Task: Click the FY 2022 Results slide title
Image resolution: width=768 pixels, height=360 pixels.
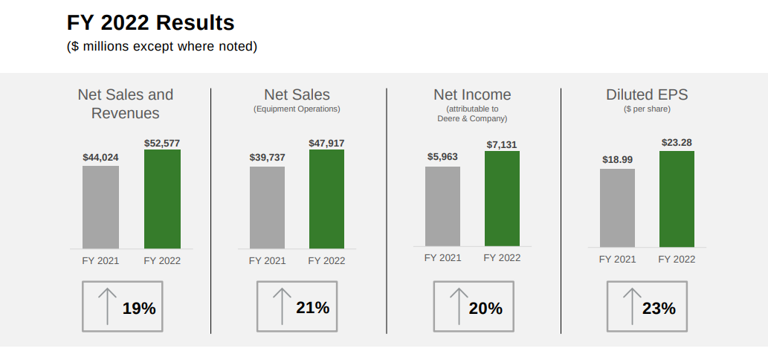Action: pyautogui.click(x=150, y=23)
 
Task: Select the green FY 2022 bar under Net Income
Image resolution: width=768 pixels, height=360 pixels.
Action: pyautogui.click(x=502, y=199)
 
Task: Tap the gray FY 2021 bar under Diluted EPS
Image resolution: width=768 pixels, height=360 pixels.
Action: pyautogui.click(x=617, y=208)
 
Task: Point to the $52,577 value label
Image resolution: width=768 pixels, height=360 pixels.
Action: pyautogui.click(x=162, y=144)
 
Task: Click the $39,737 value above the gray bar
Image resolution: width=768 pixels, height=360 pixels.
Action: pyautogui.click(x=267, y=158)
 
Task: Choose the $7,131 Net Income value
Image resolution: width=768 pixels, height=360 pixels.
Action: pyautogui.click(x=502, y=144)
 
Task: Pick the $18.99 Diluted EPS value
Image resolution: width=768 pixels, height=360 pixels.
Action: pyautogui.click(x=617, y=160)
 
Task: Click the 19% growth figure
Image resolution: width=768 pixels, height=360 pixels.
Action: pyautogui.click(x=139, y=308)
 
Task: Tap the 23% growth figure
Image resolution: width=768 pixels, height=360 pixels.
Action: pyautogui.click(x=659, y=308)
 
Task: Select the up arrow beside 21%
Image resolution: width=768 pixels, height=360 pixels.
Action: pyautogui.click(x=282, y=306)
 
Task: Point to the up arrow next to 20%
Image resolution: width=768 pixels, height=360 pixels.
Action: pyautogui.click(x=457, y=306)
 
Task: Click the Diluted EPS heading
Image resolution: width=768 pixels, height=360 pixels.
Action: pyautogui.click(x=647, y=94)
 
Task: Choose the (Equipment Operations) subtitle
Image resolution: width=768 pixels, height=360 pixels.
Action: pyautogui.click(x=297, y=109)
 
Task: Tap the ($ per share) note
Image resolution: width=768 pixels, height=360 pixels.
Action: pyautogui.click(x=647, y=109)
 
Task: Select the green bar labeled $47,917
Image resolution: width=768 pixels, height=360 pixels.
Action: pyautogui.click(x=326, y=199)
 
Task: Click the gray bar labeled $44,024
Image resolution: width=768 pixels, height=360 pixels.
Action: pyautogui.click(x=100, y=207)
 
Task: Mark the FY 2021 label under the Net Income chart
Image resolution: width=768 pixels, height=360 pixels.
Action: pyautogui.click(x=442, y=258)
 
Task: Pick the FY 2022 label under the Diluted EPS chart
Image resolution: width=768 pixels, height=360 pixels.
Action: pyautogui.click(x=677, y=260)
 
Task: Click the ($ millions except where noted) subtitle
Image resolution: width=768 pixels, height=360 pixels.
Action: pyautogui.click(x=162, y=47)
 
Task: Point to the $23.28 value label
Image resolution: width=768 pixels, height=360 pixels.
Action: pyautogui.click(x=677, y=142)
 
